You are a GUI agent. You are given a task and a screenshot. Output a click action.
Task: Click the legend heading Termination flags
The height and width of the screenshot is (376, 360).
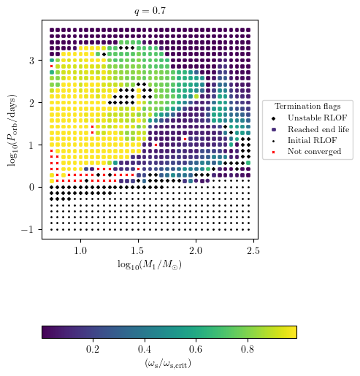pyautogui.click(x=307, y=106)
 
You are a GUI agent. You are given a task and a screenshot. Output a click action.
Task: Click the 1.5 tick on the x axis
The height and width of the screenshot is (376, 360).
pyautogui.click(x=138, y=251)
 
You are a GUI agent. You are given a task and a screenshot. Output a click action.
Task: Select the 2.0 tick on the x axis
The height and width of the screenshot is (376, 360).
pyautogui.click(x=196, y=251)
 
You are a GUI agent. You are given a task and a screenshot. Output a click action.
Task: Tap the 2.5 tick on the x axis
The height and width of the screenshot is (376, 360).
pyautogui.click(x=253, y=251)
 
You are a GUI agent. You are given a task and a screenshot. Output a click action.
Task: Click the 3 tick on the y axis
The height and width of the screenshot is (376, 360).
pyautogui.click(x=31, y=61)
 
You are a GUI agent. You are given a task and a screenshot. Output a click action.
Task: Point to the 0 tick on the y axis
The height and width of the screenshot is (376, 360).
pyautogui.click(x=31, y=187)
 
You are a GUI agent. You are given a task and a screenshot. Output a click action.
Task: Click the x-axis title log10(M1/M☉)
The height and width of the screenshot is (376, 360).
pyautogui.click(x=149, y=264)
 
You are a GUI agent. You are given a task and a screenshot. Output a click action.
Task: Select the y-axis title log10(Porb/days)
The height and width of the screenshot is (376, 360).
pyautogui.click(x=12, y=128)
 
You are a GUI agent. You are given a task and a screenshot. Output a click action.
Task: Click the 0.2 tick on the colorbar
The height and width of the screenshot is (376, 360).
pyautogui.click(x=93, y=350)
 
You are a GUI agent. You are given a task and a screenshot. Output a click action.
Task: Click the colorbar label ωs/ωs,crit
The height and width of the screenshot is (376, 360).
pyautogui.click(x=169, y=363)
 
